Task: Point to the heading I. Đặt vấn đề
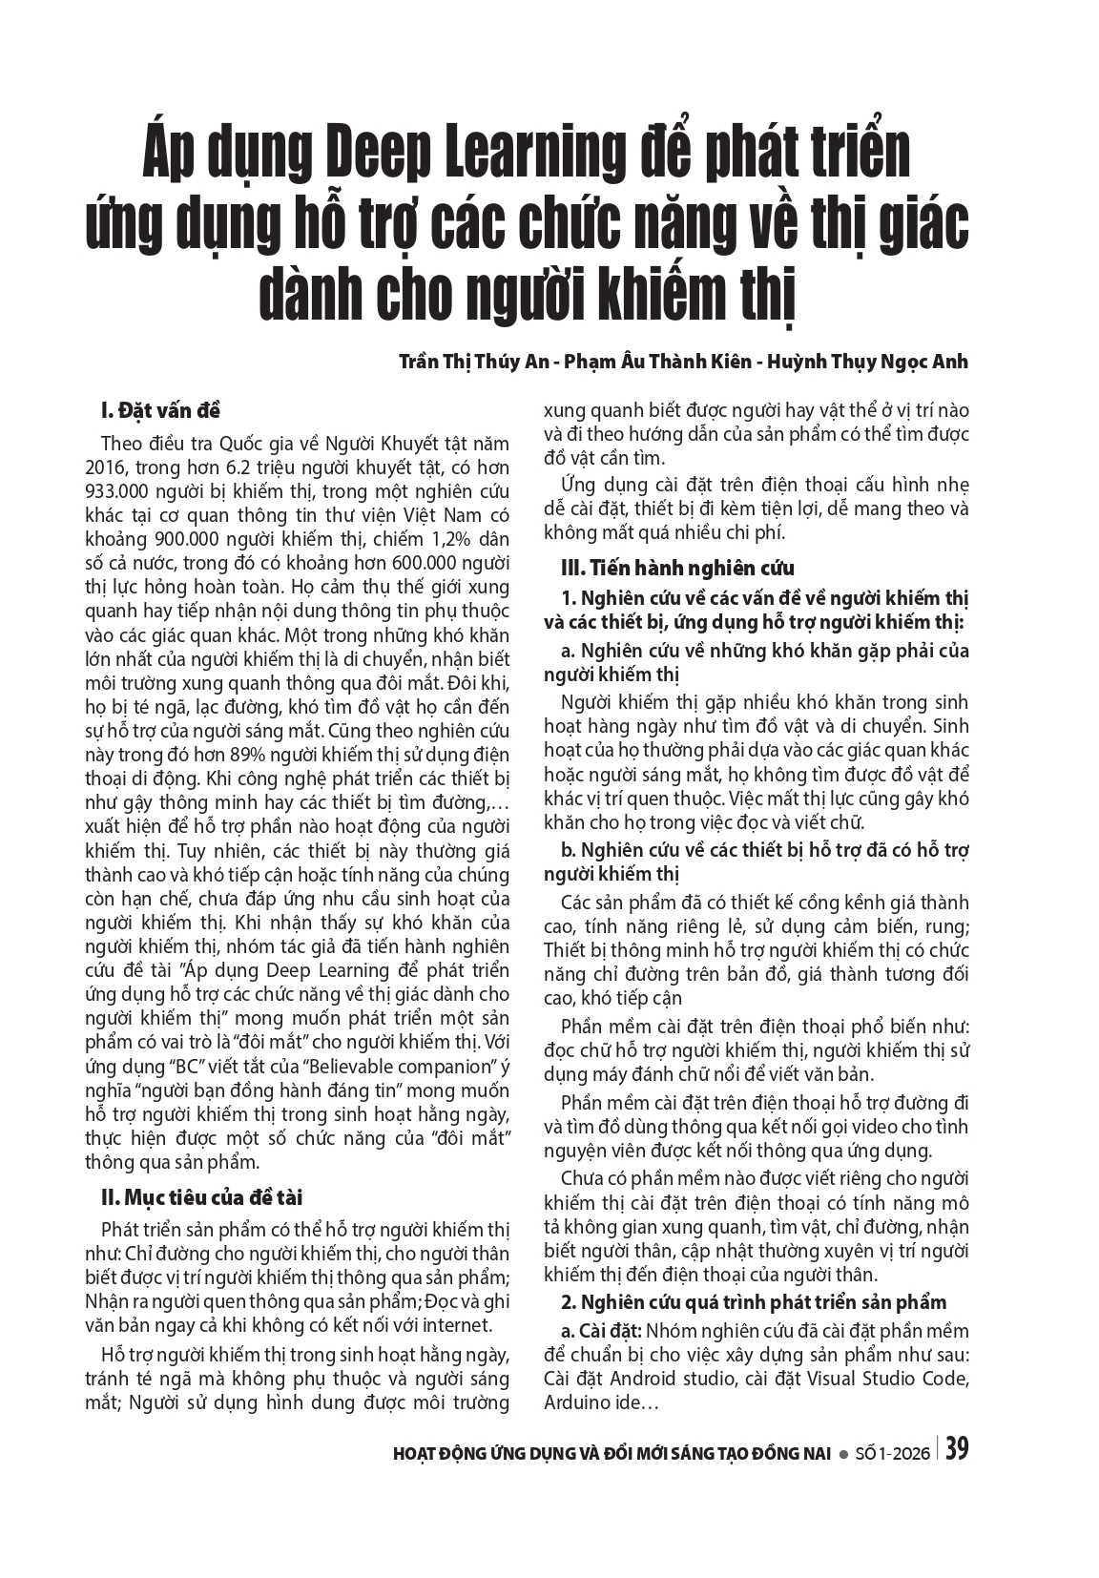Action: coord(160,411)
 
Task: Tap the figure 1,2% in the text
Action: coord(394,539)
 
